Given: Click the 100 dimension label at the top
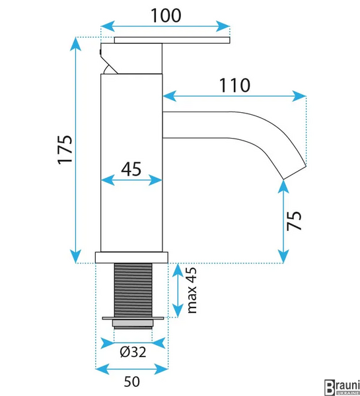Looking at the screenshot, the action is click(x=166, y=15).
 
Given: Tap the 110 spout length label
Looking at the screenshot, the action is click(x=234, y=85).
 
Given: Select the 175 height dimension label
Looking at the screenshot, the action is click(x=65, y=150).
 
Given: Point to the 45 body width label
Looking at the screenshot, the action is click(x=131, y=169).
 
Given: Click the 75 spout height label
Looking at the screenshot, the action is click(x=294, y=220).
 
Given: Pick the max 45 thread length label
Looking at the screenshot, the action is click(x=192, y=290).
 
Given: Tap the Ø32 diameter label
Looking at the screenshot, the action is click(x=133, y=352).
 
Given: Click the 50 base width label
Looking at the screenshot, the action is click(x=131, y=381).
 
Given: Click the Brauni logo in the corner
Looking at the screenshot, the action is click(x=342, y=387).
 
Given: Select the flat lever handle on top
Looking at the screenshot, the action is click(x=172, y=40).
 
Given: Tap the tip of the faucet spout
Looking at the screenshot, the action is click(x=295, y=173).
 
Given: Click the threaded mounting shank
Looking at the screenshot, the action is click(x=133, y=290).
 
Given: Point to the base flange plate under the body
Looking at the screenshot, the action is click(x=131, y=257).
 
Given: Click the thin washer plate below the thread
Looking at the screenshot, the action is click(x=133, y=318).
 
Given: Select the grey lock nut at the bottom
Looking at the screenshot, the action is click(x=133, y=324).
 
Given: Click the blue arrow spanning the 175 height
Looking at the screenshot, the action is click(x=75, y=150).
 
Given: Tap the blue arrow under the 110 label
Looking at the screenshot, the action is click(x=234, y=96).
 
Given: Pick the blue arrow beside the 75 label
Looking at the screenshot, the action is click(x=283, y=222).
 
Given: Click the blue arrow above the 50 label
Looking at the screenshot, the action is click(x=131, y=369).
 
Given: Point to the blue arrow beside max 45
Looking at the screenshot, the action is click(x=178, y=290).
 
